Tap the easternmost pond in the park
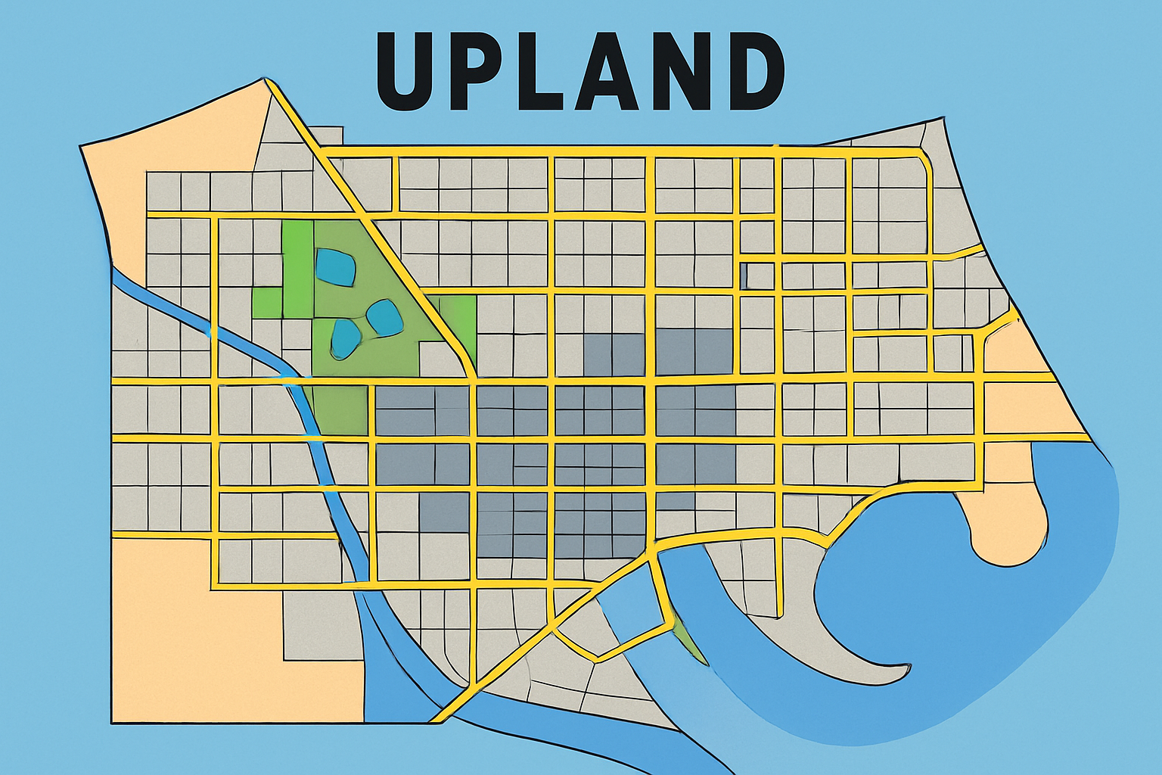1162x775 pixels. point(384,317)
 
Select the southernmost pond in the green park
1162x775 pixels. point(345,337)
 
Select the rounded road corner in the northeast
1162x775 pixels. point(924,160)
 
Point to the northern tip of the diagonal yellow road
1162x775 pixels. point(267,81)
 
